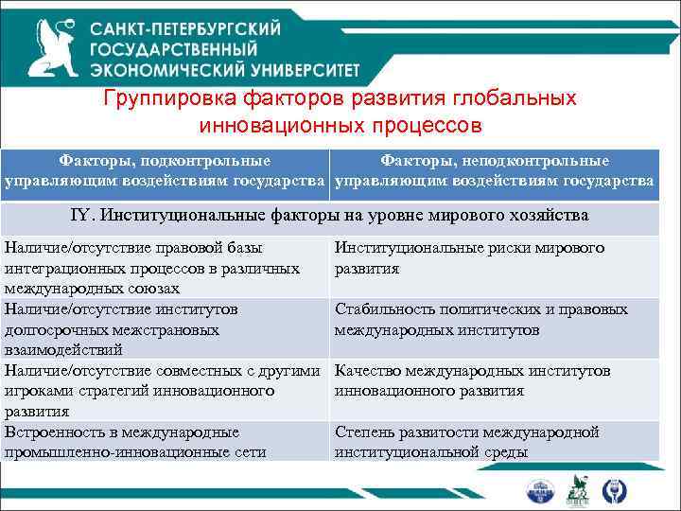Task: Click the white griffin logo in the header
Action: pyautogui.click(x=53, y=45)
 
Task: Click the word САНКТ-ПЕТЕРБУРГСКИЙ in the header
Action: pyautogui.click(x=185, y=29)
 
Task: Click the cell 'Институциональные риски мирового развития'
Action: pyautogui.click(x=493, y=258)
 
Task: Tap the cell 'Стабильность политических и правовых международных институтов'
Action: pyautogui.click(x=493, y=320)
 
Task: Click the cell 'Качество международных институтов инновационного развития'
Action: pyautogui.click(x=493, y=380)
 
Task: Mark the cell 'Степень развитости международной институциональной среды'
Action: pyautogui.click(x=493, y=442)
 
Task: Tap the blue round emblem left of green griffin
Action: pyautogui.click(x=542, y=490)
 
